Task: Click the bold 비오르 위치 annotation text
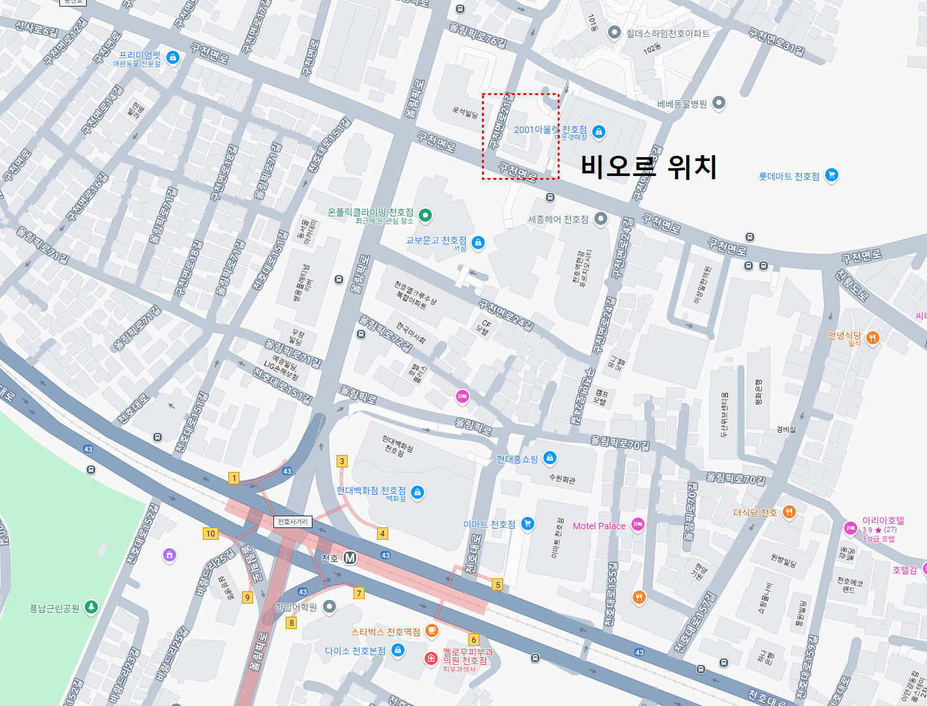648,167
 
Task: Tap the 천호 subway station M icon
350,558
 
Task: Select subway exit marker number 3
342,461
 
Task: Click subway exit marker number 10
210,533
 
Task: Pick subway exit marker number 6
474,640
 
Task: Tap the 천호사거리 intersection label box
293,522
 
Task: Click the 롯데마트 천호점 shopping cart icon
831,175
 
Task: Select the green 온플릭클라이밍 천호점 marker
425,214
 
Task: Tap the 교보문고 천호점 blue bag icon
478,243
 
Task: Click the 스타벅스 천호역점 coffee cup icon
431,630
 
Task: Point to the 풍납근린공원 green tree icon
91,607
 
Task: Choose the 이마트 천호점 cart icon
528,523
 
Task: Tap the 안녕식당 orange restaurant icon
872,337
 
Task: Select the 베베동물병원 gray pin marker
718,102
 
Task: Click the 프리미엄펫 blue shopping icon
172,57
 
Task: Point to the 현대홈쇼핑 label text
517,459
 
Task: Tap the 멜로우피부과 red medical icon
431,658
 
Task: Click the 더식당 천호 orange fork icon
789,512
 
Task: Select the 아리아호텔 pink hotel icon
851,528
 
